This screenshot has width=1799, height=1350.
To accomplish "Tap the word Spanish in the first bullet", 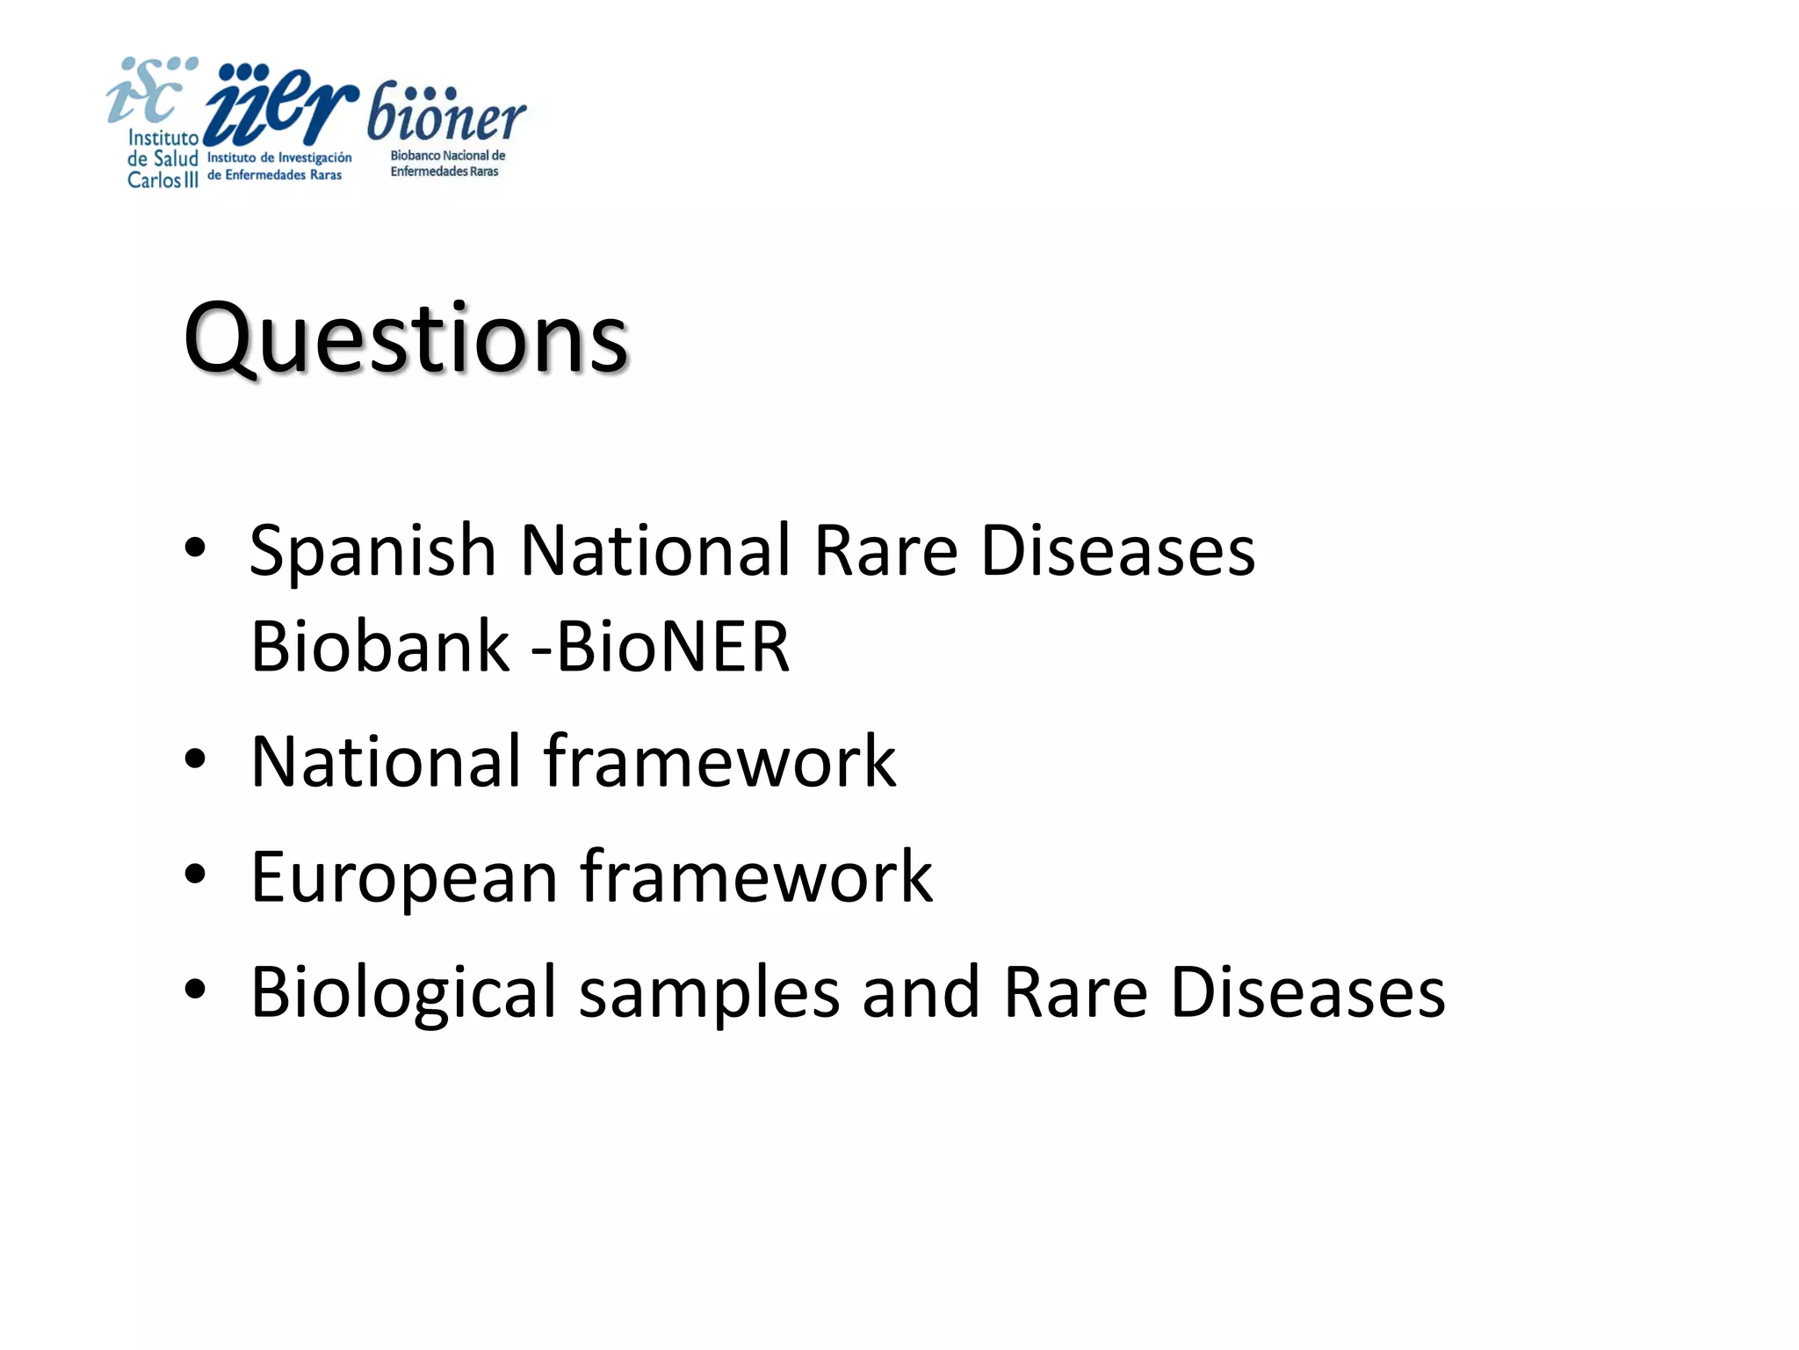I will tap(373, 551).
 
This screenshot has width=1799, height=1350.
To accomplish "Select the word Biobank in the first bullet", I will tap(379, 647).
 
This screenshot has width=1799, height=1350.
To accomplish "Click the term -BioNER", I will tap(661, 647).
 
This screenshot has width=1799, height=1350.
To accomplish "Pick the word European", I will tap(404, 877).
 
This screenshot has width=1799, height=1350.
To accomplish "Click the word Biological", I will tap(403, 992).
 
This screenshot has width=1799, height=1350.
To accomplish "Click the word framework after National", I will tap(719, 761).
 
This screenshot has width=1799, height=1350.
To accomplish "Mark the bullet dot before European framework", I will tap(195, 875).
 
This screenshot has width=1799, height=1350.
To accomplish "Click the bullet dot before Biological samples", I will tap(195, 990).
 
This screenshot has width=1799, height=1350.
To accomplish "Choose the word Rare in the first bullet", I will tap(885, 551).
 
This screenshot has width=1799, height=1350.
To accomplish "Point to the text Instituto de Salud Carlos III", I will tap(163, 159).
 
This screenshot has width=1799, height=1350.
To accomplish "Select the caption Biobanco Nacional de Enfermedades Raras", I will tap(447, 163).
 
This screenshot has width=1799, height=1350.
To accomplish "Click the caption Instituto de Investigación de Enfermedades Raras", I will tap(278, 166).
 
